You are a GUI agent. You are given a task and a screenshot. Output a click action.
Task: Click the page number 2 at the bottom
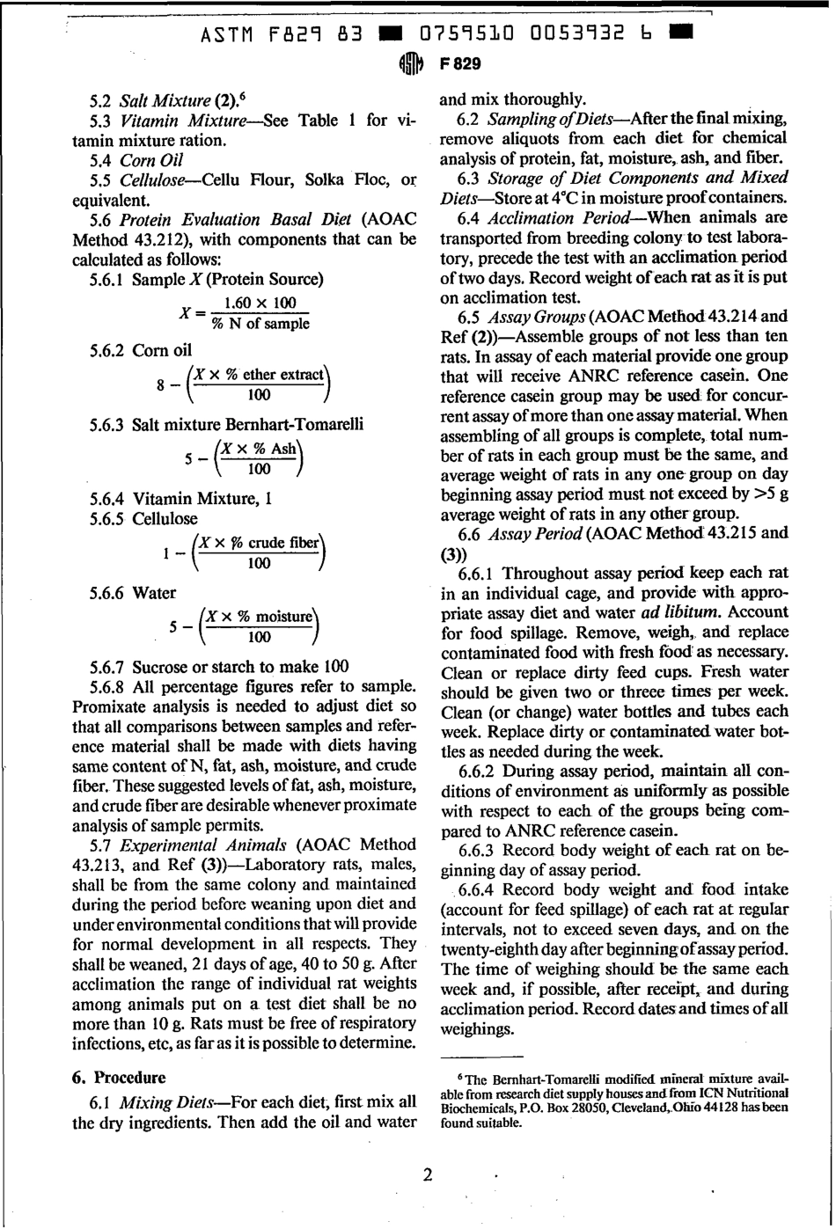tap(428, 1174)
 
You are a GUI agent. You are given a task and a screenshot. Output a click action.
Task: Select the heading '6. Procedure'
tap(118, 1077)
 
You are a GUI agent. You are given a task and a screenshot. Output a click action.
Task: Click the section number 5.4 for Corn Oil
tap(104, 160)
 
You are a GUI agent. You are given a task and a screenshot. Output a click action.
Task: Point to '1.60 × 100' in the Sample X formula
tap(260, 304)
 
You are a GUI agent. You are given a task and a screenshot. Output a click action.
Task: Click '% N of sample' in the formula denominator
tap(260, 324)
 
